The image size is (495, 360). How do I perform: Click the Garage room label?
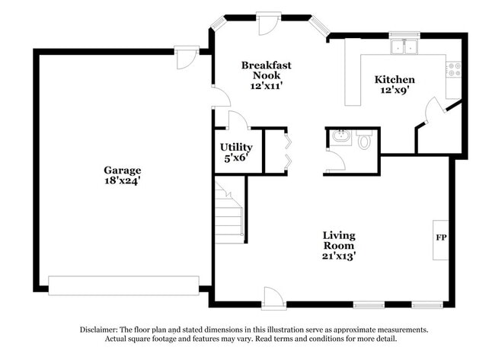[x=123, y=170]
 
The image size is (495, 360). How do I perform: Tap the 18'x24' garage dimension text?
[x=123, y=181]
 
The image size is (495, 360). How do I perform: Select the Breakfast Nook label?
[x=266, y=70]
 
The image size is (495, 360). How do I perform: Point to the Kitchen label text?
[x=394, y=79]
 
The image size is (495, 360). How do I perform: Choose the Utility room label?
[x=236, y=147]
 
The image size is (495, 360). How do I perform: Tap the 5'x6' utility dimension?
[x=236, y=158]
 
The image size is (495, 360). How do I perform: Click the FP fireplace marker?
[x=440, y=237]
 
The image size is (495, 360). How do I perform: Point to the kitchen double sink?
[x=404, y=47]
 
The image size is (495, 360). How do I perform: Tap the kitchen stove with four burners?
[x=454, y=69]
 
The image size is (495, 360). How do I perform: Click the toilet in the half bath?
[x=364, y=140]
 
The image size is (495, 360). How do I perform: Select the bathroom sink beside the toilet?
[x=340, y=138]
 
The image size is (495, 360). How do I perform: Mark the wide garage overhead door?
[x=123, y=285]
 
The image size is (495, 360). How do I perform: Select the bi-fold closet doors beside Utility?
[x=286, y=151]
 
